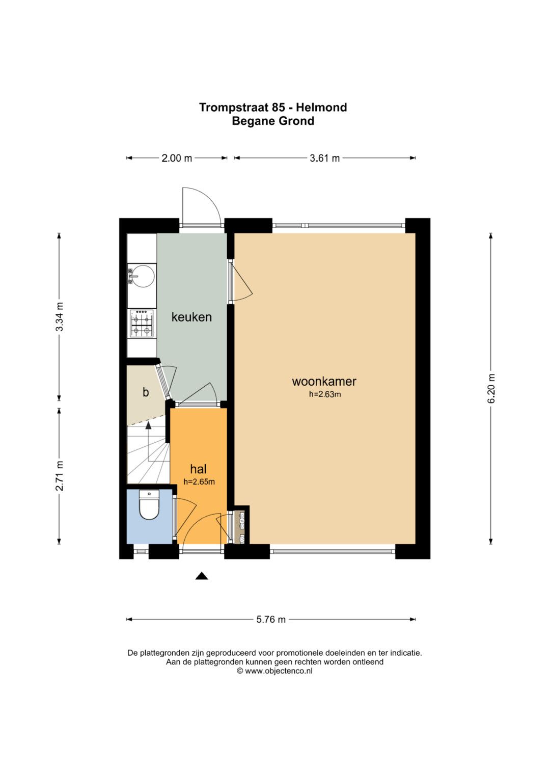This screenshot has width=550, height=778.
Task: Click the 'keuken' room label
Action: [191, 317]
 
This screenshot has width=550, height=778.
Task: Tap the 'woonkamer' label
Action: [324, 382]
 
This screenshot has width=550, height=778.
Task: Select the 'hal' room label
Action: [198, 469]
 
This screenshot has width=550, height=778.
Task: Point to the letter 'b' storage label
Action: [146, 392]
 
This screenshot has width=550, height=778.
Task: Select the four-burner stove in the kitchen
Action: [142, 324]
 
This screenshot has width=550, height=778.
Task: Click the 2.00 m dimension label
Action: [177, 158]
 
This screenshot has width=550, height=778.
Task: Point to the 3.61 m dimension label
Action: [325, 158]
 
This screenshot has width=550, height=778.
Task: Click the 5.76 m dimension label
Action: [271, 619]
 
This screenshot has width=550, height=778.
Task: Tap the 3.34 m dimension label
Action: [60, 316]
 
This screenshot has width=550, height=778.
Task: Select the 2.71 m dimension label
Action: [60, 475]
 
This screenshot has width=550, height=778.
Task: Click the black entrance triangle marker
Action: [201, 576]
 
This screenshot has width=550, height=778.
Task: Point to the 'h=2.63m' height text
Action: [325, 394]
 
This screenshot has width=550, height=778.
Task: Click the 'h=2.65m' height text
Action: [199, 482]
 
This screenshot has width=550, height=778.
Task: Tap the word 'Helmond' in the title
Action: [321, 108]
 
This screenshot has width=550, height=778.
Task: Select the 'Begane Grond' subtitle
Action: [273, 121]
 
